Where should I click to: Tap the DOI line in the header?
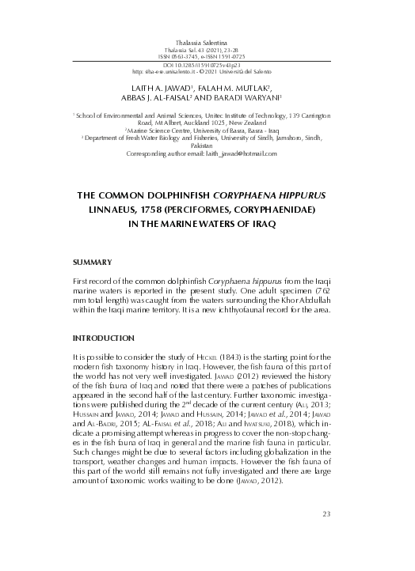[x=207, y=63]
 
